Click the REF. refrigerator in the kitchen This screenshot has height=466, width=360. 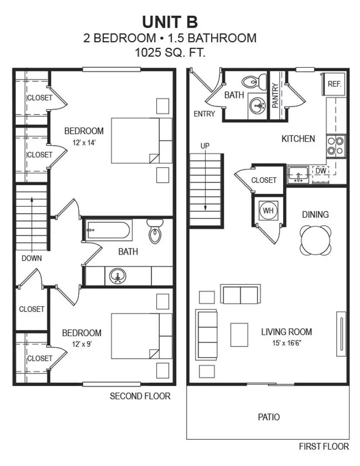(x=334, y=84)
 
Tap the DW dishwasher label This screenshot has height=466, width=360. (x=320, y=171)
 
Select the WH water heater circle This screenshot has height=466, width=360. (x=268, y=210)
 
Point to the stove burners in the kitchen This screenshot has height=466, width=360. (x=336, y=145)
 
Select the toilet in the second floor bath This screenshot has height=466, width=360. (x=155, y=232)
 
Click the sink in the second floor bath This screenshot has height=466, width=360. (x=117, y=276)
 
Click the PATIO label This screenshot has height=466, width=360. (x=268, y=417)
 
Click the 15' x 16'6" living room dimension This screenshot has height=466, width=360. (x=286, y=343)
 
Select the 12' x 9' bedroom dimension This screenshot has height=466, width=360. (x=82, y=343)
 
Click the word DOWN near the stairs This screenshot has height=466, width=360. (x=32, y=258)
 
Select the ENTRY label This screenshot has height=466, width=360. (x=204, y=114)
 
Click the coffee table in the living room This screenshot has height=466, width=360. (x=239, y=335)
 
